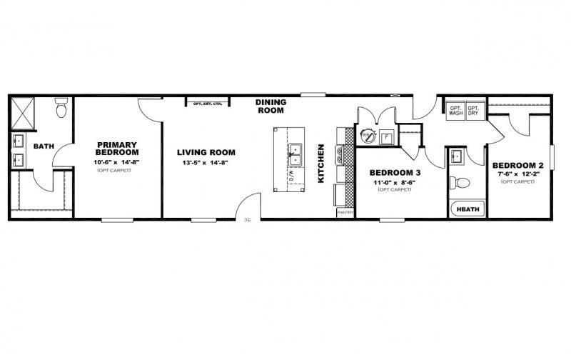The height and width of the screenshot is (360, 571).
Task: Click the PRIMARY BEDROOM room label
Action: pyautogui.click(x=117, y=148)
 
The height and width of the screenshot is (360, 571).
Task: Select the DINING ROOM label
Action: pyautogui.click(x=271, y=106)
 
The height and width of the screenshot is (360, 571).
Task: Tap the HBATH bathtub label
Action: pyautogui.click(x=468, y=209)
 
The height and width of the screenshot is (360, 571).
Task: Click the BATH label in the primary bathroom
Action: pyautogui.click(x=44, y=146)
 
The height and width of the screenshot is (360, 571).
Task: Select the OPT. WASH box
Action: pyautogui.click(x=456, y=111)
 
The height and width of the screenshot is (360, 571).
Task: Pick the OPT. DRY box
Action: pyautogui.click(x=473, y=111)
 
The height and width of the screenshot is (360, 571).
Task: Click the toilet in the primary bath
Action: pyautogui.click(x=61, y=109)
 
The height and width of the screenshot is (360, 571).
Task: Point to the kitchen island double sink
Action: pyautogui.click(x=294, y=153)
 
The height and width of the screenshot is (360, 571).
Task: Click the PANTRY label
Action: pyautogui.click(x=345, y=212)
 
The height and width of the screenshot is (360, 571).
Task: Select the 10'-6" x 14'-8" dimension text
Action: pyautogui.click(x=117, y=162)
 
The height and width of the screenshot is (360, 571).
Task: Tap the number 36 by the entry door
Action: pyautogui.click(x=247, y=220)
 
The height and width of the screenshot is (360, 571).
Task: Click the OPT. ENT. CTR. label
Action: pyautogui.click(x=207, y=104)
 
